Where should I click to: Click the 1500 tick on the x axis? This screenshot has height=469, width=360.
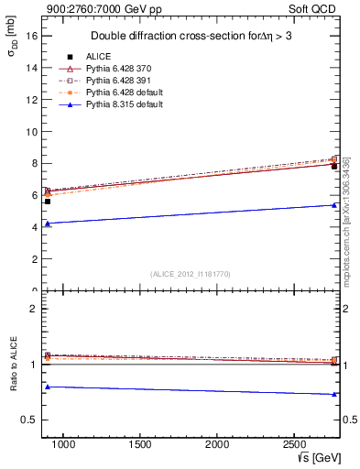click(140, 443)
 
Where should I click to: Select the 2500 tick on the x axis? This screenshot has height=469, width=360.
click(294, 443)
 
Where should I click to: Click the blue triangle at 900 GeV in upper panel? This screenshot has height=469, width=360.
click(48, 224)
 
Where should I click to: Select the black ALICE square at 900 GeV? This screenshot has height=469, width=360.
click(48, 201)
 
